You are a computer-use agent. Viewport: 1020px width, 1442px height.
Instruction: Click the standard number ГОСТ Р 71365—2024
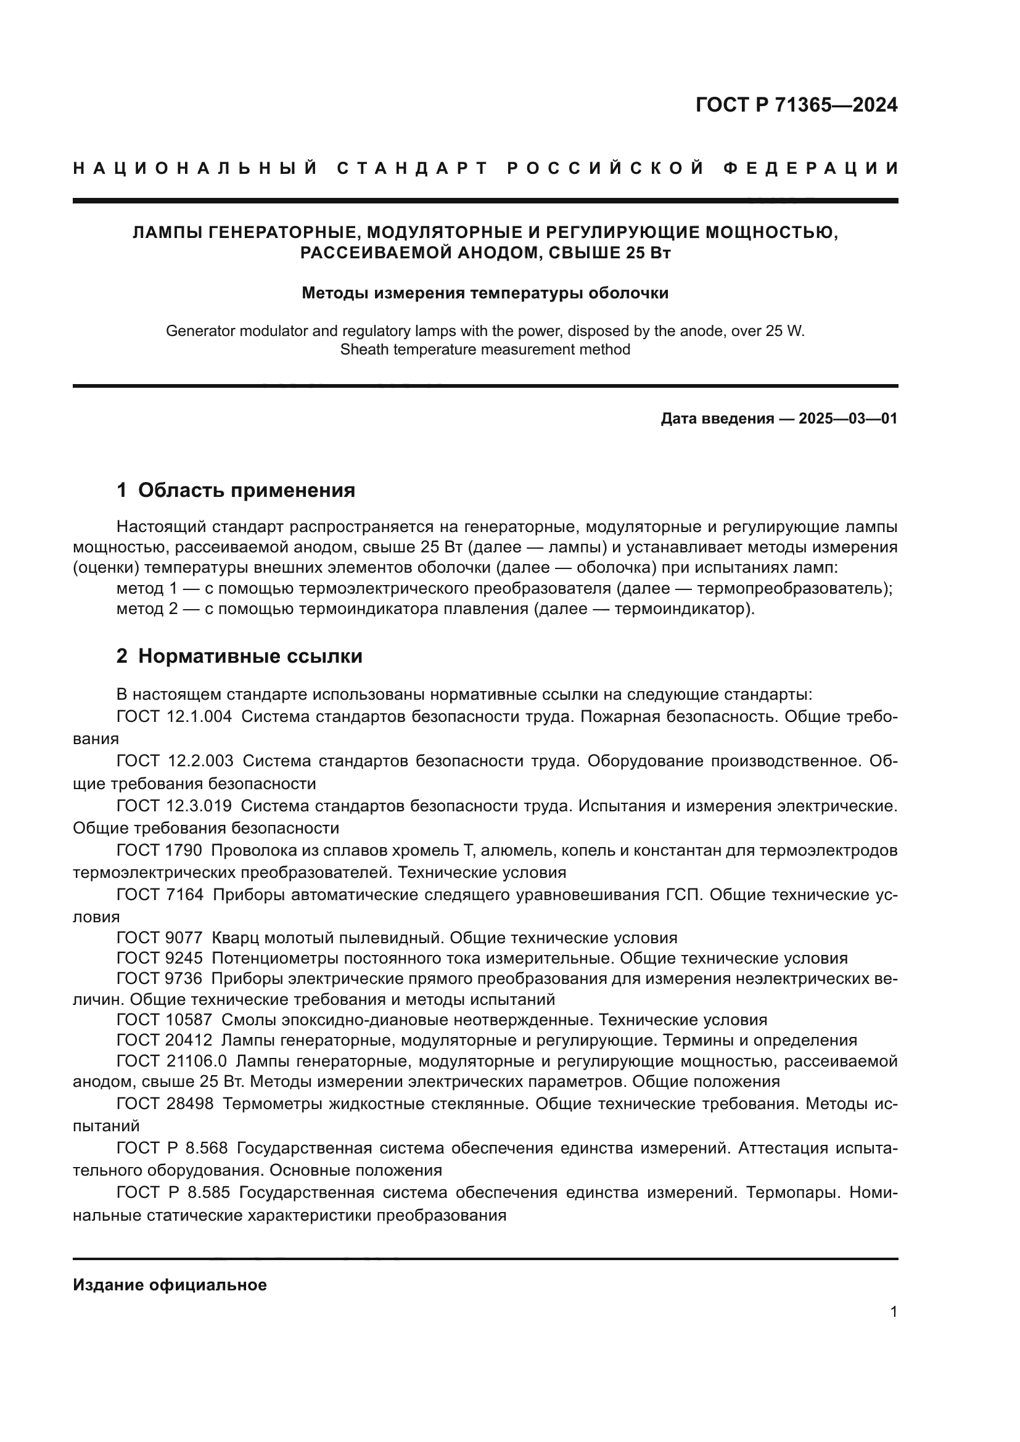click(796, 105)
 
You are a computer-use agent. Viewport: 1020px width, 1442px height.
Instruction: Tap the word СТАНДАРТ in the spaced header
click(413, 168)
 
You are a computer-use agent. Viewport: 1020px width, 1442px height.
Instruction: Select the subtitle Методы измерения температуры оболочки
click(485, 293)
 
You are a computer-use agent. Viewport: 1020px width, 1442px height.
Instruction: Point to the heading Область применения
click(246, 490)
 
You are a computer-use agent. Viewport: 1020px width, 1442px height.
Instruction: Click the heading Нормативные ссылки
click(250, 656)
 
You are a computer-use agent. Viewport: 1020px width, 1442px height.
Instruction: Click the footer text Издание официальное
click(170, 1285)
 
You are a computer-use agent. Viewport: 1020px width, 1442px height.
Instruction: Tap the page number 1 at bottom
click(894, 1311)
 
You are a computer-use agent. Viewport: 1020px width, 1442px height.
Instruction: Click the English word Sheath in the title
click(361, 350)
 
